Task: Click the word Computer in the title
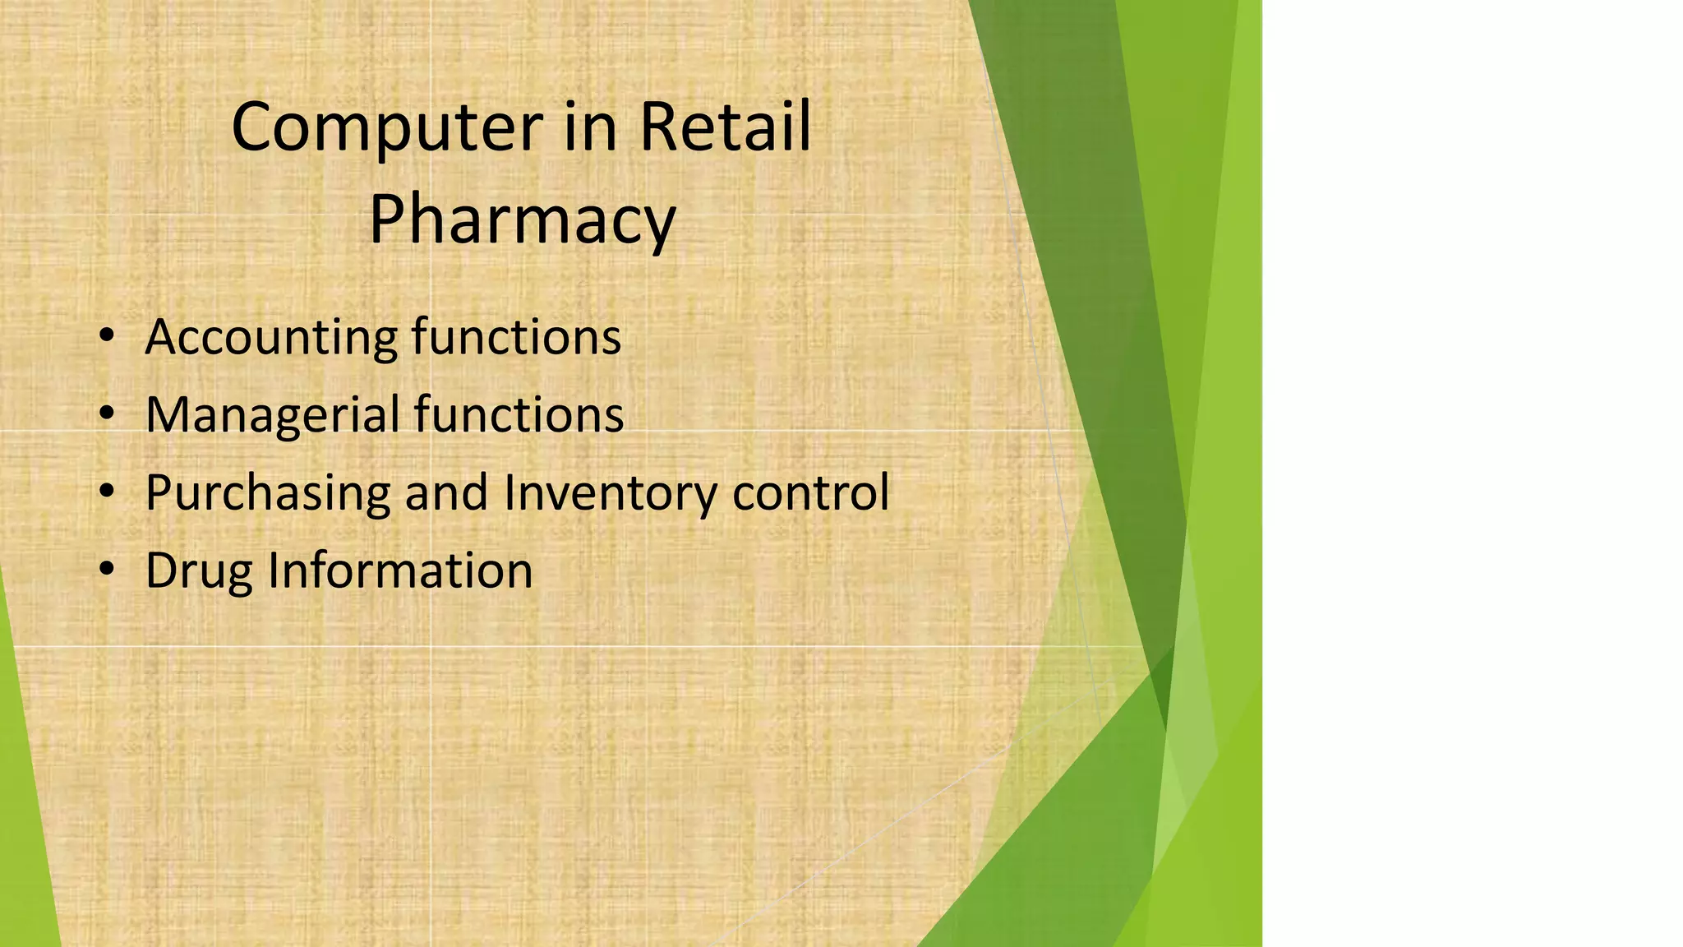pos(387,128)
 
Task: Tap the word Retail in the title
pos(725,127)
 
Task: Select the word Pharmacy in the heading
pos(522,220)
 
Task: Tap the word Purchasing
pos(267,493)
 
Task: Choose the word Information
pos(400,571)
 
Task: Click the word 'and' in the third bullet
pos(446,492)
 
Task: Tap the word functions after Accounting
pos(516,337)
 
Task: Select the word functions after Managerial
pos(519,414)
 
